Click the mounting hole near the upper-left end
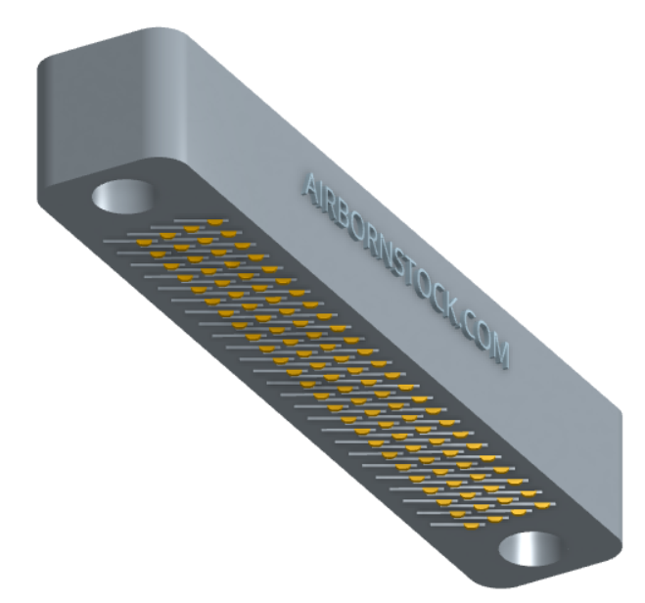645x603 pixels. click(122, 196)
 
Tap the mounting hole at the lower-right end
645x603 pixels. click(530, 548)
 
